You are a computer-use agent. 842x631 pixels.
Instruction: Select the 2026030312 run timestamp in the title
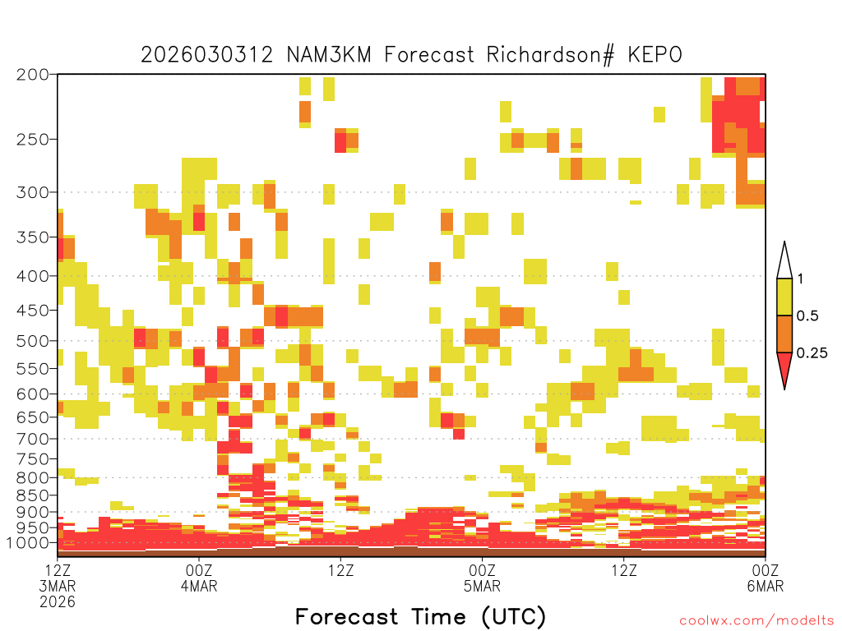pyautogui.click(x=206, y=55)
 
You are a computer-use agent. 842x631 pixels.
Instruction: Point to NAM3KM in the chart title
pyautogui.click(x=329, y=55)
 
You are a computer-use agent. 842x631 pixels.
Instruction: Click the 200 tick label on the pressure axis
pyautogui.click(x=33, y=75)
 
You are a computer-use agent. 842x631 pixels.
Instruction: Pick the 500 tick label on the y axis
pyautogui.click(x=33, y=341)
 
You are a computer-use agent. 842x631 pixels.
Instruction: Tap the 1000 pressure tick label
pyautogui.click(x=27, y=543)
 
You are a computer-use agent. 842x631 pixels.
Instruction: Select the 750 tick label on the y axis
pyautogui.click(x=33, y=459)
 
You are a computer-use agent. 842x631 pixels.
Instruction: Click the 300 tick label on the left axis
pyautogui.click(x=33, y=192)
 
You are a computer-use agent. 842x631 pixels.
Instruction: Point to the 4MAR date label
pyautogui.click(x=199, y=586)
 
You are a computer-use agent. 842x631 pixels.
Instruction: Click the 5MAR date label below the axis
pyautogui.click(x=482, y=586)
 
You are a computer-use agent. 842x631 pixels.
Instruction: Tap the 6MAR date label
pyautogui.click(x=765, y=586)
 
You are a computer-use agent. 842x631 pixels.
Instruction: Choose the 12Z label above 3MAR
pyautogui.click(x=58, y=570)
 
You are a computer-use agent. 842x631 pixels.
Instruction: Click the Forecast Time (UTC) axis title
pyautogui.click(x=420, y=617)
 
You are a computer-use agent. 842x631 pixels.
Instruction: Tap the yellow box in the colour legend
pyautogui.click(x=784, y=297)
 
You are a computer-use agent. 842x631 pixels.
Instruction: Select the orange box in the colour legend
pyautogui.click(x=784, y=334)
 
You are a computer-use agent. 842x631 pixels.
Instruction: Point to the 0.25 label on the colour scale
pyautogui.click(x=812, y=353)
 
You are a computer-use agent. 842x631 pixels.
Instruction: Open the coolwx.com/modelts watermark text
pyautogui.click(x=757, y=621)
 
